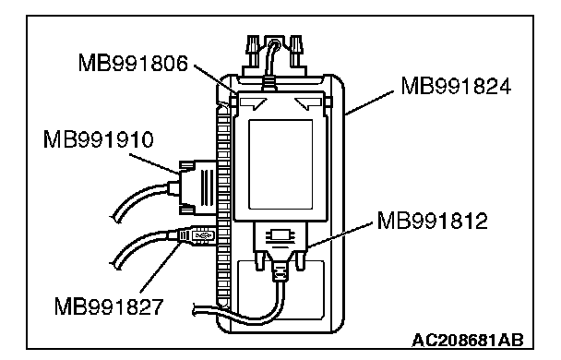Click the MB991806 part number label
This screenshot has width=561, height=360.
(133, 63)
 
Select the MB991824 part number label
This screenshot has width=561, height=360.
(456, 86)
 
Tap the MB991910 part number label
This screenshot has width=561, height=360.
(99, 139)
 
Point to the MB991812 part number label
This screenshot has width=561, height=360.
(432, 221)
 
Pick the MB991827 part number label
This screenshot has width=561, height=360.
(109, 306)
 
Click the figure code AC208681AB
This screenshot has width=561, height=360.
(469, 340)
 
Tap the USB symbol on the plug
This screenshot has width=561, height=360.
(203, 235)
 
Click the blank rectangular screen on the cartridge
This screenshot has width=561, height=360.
(280, 164)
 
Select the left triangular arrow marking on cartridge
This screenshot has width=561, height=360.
(254, 102)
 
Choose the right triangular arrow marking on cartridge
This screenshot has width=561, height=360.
(308, 102)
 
